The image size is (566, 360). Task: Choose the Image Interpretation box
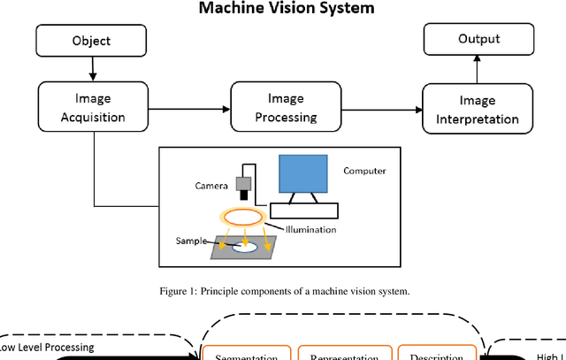478,109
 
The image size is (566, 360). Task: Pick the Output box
478,39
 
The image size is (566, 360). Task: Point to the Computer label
364,171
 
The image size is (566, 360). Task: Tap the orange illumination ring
243,217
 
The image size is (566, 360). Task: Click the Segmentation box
248,356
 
